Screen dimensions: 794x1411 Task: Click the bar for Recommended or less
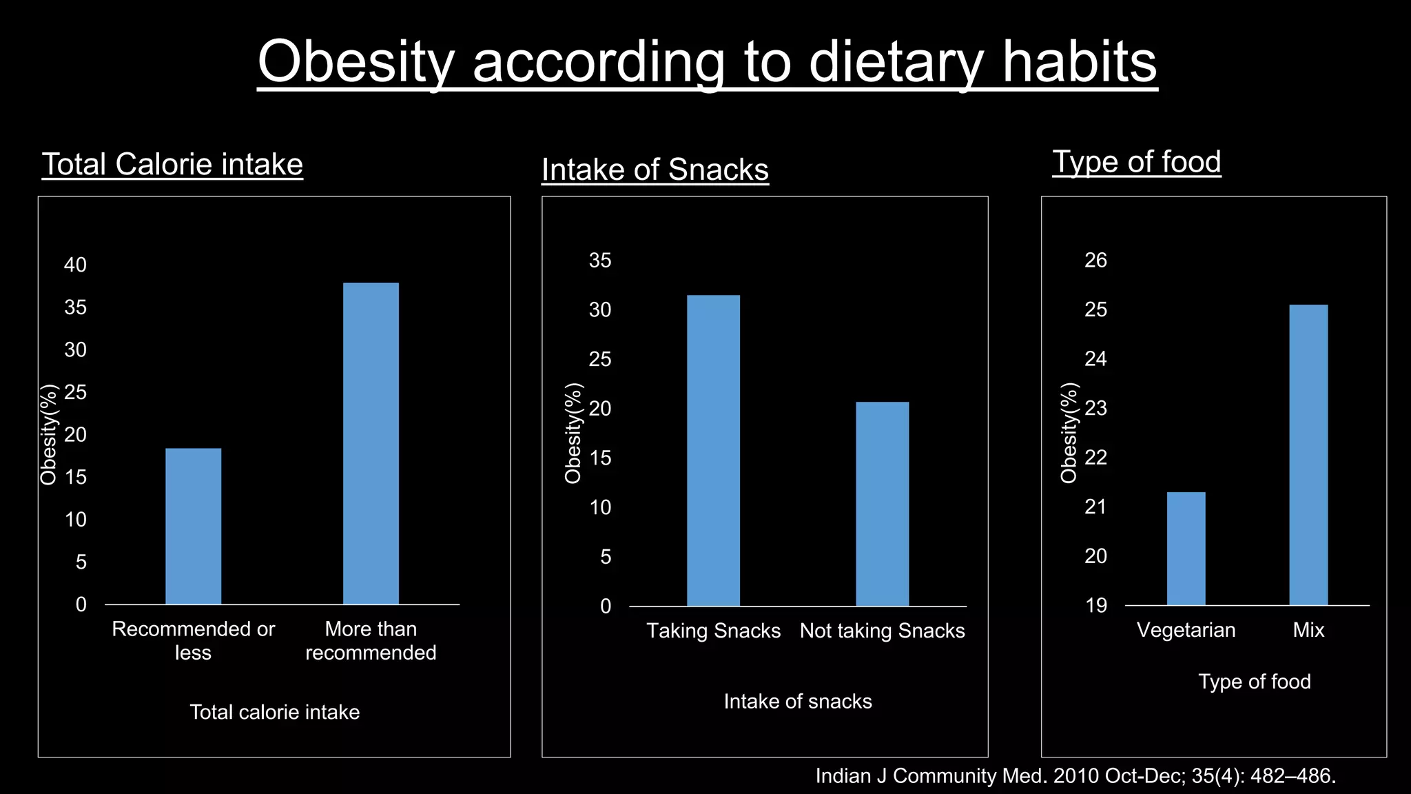click(x=193, y=527)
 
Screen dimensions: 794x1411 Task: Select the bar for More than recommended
click(x=371, y=444)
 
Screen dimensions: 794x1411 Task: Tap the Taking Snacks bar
click(x=713, y=451)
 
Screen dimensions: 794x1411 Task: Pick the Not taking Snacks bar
click(x=882, y=504)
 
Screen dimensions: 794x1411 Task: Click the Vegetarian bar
click(x=1186, y=549)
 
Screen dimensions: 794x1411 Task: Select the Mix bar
click(x=1308, y=455)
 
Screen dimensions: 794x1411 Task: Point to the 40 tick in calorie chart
click(x=76, y=265)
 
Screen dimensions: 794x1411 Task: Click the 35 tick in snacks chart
click(x=600, y=261)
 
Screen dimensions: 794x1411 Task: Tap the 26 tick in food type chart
click(x=1095, y=260)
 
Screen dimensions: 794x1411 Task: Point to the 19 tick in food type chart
click(x=1095, y=606)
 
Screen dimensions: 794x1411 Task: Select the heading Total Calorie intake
click(x=172, y=165)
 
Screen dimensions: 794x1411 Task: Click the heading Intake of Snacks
click(x=655, y=170)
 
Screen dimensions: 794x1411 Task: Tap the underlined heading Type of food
click(x=1137, y=162)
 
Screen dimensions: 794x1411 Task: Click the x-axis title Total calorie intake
click(x=274, y=712)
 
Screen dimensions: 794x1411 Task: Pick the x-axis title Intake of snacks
click(x=798, y=702)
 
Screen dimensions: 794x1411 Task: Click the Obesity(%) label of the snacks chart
click(x=573, y=433)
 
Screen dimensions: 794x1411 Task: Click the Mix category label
click(x=1308, y=630)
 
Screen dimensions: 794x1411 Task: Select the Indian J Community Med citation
click(x=1075, y=776)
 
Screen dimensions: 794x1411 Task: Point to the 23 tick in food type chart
click(x=1095, y=408)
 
